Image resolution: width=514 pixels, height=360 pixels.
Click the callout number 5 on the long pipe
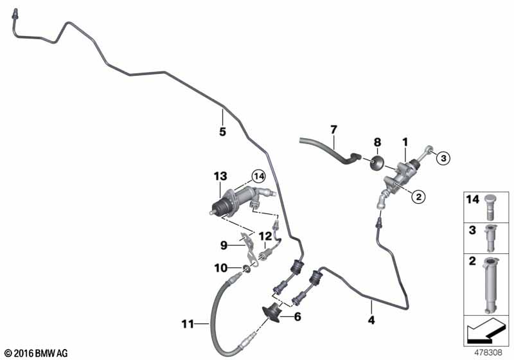(222, 132)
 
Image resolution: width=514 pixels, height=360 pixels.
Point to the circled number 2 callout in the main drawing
(418, 197)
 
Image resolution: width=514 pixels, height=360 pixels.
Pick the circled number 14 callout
(258, 175)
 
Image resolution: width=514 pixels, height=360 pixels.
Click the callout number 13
(220, 175)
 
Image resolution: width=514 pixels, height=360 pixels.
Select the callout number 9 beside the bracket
(224, 244)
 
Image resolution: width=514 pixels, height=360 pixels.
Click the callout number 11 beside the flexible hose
(187, 324)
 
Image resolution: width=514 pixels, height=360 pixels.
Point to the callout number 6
(297, 316)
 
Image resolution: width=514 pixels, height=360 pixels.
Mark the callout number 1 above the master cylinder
(405, 141)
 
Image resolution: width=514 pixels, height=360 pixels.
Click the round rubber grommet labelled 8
(378, 161)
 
